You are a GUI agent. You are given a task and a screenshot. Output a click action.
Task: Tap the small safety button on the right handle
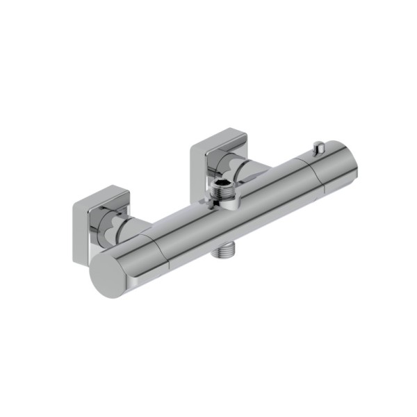(319, 148)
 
